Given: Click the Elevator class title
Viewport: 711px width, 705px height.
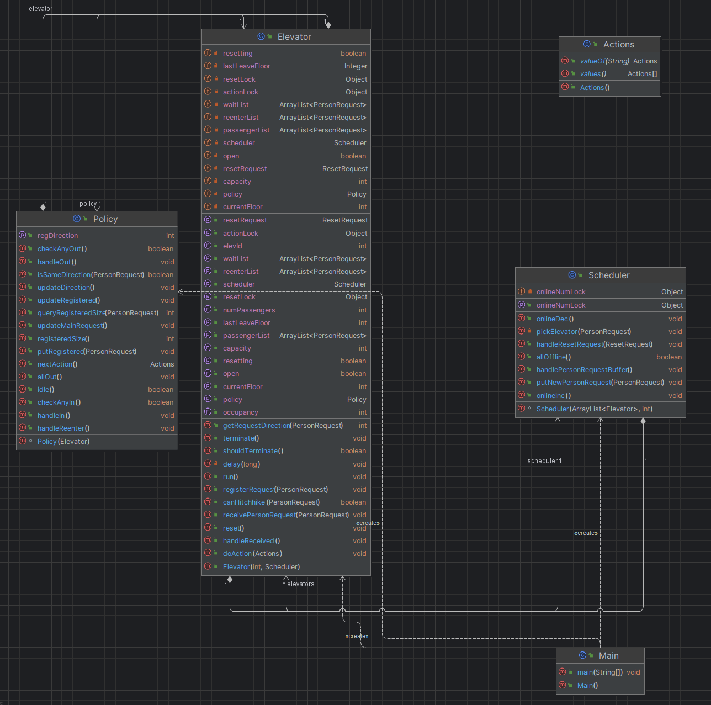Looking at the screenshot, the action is point(294,37).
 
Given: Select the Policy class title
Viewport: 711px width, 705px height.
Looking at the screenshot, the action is point(105,219).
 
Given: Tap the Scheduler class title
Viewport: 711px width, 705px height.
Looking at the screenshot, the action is point(609,275).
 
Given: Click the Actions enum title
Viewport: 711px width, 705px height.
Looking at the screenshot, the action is point(618,45).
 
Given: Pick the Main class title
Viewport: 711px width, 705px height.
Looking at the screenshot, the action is point(608,655).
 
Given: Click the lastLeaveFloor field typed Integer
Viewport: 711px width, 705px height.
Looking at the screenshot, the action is point(246,66).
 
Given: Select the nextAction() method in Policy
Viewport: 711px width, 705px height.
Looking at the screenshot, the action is point(57,364).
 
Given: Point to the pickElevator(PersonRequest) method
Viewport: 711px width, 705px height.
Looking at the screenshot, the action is point(583,331).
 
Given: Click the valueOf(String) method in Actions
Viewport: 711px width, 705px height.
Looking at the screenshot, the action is point(604,61).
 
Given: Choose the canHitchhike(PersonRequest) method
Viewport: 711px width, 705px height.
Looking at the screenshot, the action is point(271,502).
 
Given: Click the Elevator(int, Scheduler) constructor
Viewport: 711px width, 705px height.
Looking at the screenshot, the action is point(261,566).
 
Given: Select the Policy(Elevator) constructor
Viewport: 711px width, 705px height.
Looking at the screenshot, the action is point(63,442).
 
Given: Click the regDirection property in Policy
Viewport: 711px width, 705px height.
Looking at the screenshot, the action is point(57,236).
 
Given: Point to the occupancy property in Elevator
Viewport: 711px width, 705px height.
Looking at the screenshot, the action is point(240,412).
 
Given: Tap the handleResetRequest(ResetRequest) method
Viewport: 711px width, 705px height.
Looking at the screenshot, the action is point(595,344).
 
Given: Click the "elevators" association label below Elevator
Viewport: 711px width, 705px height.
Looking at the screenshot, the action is point(301,584).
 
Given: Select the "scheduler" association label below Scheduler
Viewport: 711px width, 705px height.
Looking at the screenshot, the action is point(543,460).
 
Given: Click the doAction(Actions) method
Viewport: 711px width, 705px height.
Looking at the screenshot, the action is point(252,554).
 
